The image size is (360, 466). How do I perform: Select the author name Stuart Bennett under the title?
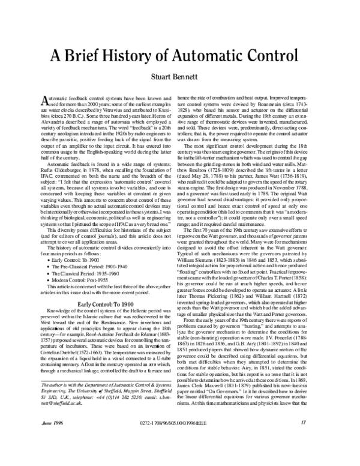coord(179,77)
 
